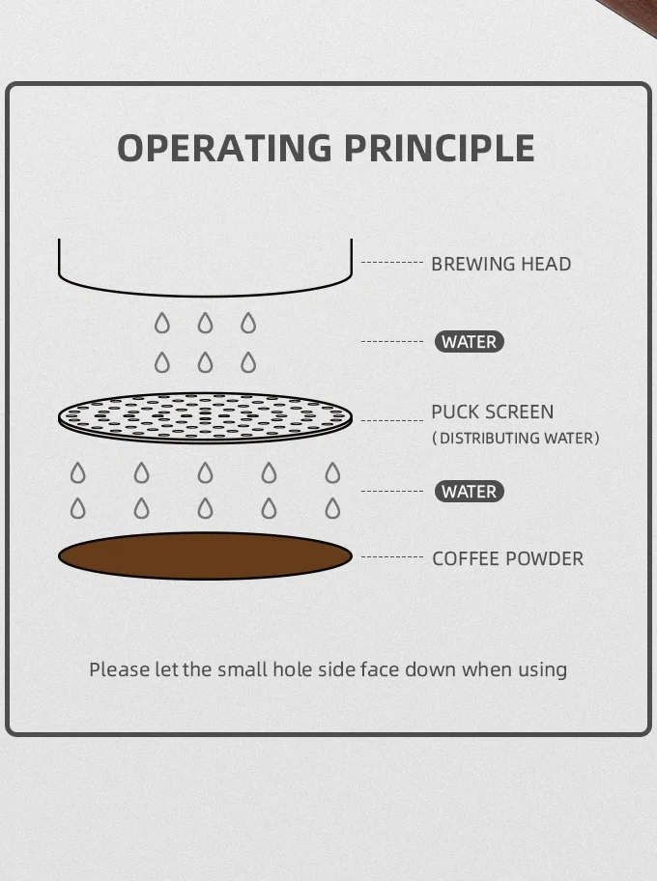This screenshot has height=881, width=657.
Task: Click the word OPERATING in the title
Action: [x=225, y=148]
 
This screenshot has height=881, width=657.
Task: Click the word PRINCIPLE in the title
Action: [x=440, y=148]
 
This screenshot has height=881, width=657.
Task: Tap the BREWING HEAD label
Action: [x=501, y=264]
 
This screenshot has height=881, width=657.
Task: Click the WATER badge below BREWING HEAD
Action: [x=470, y=342]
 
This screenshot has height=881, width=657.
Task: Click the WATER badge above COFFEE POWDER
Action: [x=470, y=492]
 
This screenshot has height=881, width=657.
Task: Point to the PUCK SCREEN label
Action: [x=493, y=412]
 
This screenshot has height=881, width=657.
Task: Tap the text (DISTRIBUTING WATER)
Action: [x=516, y=439]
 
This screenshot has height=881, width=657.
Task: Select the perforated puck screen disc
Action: [x=205, y=418]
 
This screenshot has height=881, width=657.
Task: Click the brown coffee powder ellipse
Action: [x=205, y=556]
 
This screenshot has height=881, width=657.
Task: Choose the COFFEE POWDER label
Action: [x=508, y=559]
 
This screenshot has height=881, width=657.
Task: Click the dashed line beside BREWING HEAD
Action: [x=392, y=263]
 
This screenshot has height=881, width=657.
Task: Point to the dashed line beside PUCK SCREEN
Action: [x=392, y=420]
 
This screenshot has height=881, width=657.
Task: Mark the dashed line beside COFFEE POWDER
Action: [x=392, y=556]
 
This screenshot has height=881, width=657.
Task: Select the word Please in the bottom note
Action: [x=119, y=669]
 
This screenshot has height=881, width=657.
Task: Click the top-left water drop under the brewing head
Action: [x=162, y=323]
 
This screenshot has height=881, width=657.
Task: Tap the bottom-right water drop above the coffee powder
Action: [x=332, y=508]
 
